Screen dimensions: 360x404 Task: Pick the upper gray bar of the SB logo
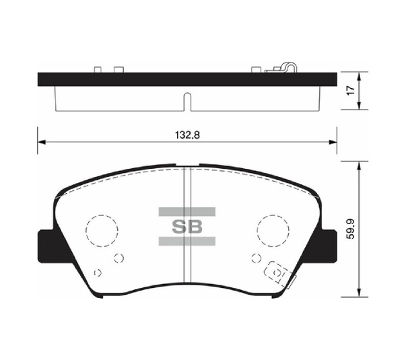tap(187, 211)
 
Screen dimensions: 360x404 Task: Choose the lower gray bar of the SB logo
tap(187, 240)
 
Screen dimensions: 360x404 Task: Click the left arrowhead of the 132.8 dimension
tap(40, 142)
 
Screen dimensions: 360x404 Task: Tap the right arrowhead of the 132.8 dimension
tap(333, 142)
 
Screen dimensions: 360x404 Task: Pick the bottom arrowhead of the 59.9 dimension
tap(362, 293)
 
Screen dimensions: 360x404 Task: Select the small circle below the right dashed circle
tap(255, 257)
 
